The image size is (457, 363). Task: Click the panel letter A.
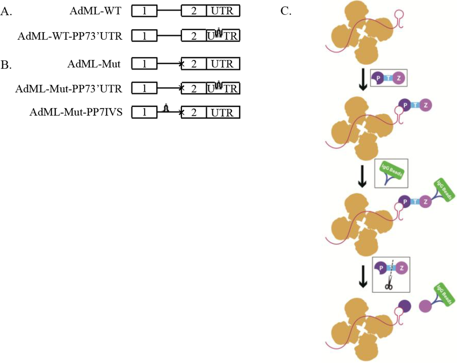pyautogui.click(x=6, y=12)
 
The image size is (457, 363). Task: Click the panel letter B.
pyautogui.click(x=6, y=65)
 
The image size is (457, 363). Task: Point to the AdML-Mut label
pyautogui.click(x=94, y=64)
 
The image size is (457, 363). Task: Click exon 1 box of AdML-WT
pyautogui.click(x=144, y=11)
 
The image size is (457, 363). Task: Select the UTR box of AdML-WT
pyautogui.click(x=223, y=11)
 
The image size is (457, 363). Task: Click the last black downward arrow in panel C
pyautogui.click(x=363, y=275)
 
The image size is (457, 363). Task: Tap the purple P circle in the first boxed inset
pyautogui.click(x=379, y=80)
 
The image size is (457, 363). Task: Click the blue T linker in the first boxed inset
pyautogui.click(x=389, y=80)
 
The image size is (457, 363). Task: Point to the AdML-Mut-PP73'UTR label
pyautogui.click(x=69, y=88)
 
